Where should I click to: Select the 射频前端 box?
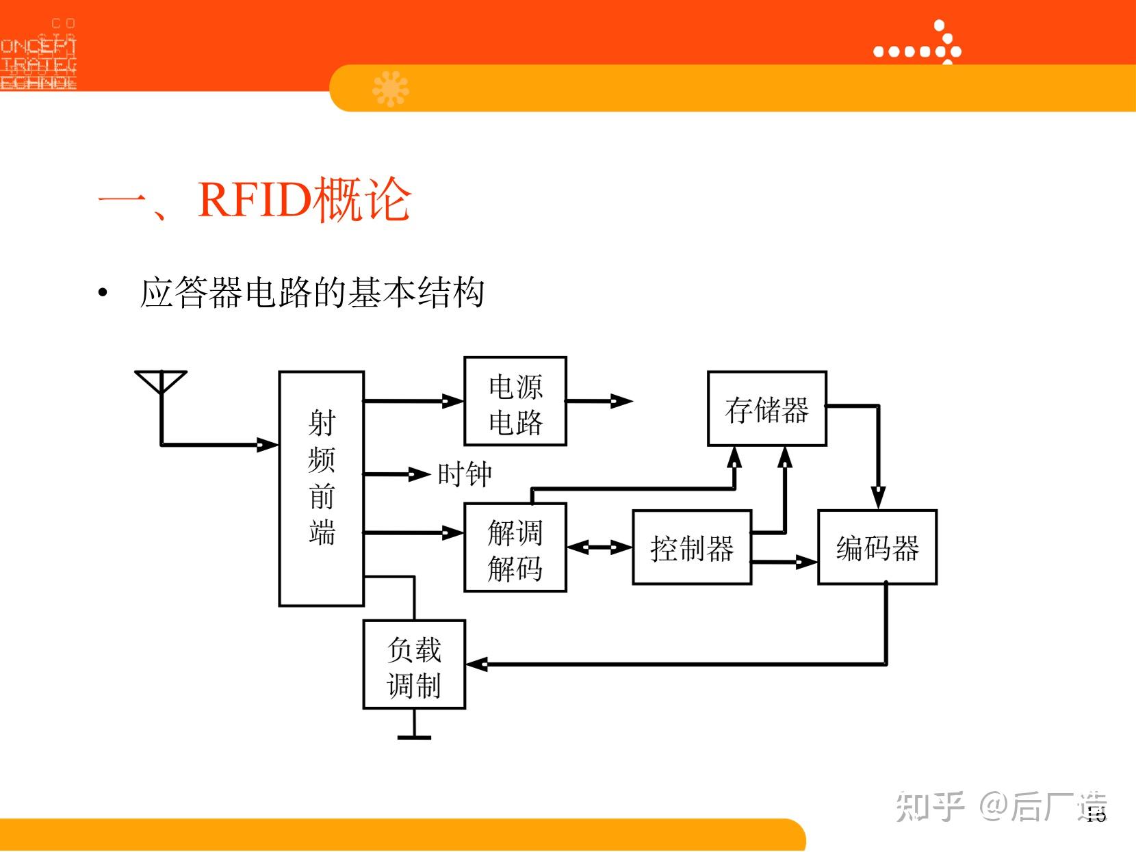[x=321, y=489]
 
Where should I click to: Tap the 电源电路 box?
[x=515, y=402]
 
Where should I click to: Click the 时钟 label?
[x=465, y=474]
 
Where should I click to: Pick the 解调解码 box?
[x=515, y=547]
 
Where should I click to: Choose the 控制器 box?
[x=692, y=547]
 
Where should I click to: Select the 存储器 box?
[x=766, y=409]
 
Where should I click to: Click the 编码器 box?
[x=877, y=547]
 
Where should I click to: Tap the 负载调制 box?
[x=414, y=664]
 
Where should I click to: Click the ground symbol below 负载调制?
[x=414, y=736]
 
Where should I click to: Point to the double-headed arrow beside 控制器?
[x=599, y=547]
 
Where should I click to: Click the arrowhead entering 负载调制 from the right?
[x=476, y=664]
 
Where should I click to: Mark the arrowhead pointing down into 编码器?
[x=878, y=498]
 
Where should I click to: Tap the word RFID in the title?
[x=255, y=199]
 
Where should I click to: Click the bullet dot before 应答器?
[x=103, y=294]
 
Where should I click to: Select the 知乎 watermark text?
[x=931, y=806]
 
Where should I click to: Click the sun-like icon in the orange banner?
[x=390, y=88]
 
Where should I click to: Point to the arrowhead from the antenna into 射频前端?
[x=267, y=445]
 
